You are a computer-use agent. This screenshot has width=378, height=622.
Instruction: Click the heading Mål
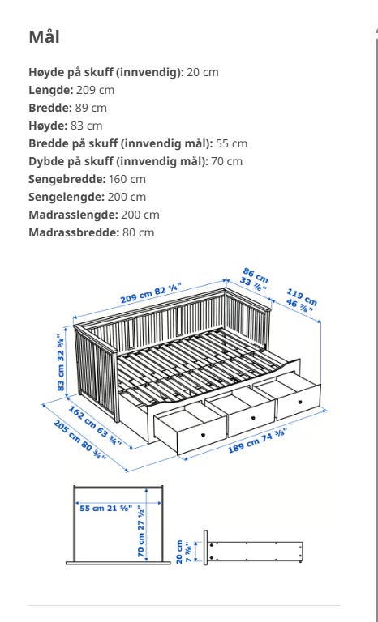point(44,36)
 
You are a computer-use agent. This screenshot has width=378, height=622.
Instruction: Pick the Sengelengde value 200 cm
point(127,197)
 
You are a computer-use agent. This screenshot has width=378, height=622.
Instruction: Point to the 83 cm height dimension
point(62,363)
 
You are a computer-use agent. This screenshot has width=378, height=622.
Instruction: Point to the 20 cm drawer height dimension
point(183,552)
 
